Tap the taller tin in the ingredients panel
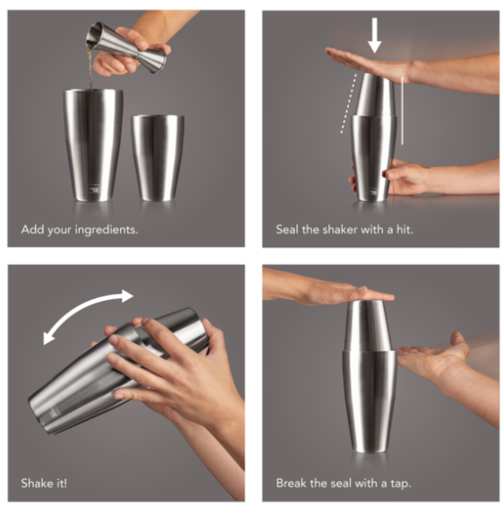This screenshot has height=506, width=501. pos(93,145)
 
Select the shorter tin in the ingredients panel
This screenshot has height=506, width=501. pos(157,158)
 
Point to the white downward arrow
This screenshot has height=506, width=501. pos(374,36)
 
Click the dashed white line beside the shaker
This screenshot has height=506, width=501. pos(349,103)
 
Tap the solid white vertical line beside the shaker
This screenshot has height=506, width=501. pos(402,111)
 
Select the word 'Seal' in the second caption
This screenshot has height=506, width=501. pos(287,229)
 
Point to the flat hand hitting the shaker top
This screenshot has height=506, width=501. pos(370,64)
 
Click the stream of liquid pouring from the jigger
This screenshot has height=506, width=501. pos(90,68)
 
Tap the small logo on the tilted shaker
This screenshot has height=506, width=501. pos(52,414)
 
